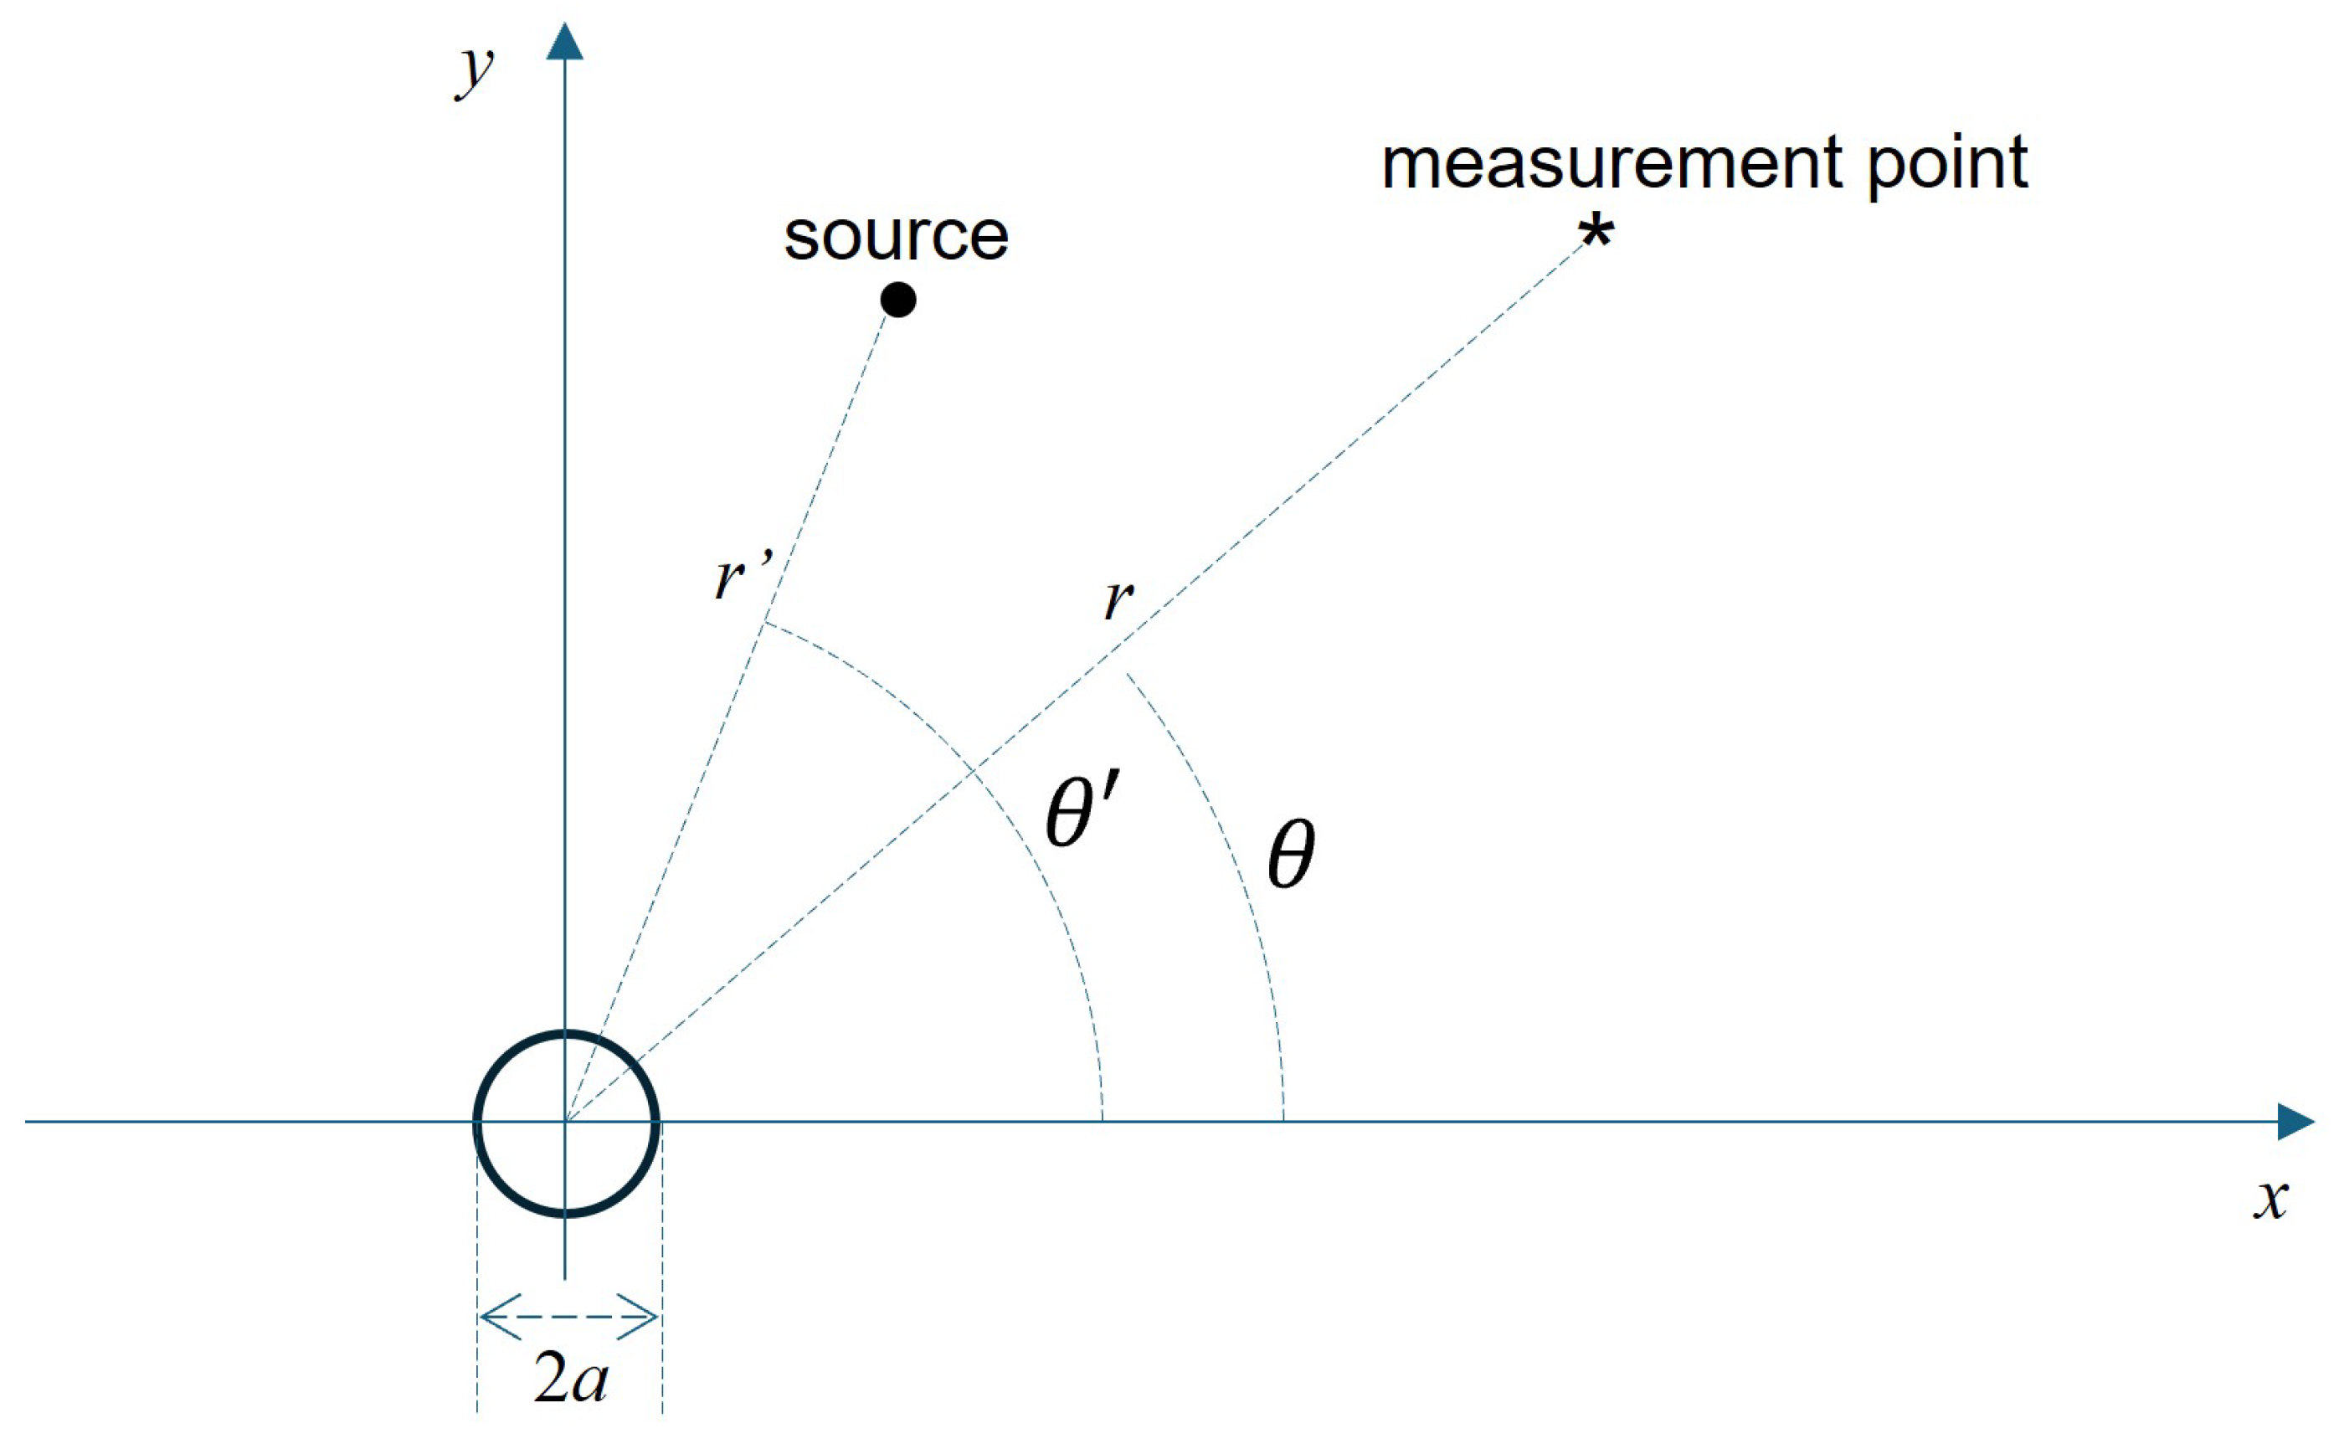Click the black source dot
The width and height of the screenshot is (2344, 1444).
click(x=897, y=300)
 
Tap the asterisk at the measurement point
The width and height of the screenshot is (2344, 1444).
click(x=1596, y=232)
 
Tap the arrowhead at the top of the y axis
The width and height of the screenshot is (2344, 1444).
click(x=564, y=42)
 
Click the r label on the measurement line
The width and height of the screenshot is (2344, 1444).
click(x=1118, y=599)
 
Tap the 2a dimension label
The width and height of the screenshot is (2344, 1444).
click(x=570, y=1379)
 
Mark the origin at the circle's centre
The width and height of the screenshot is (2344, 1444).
click(x=565, y=1121)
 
